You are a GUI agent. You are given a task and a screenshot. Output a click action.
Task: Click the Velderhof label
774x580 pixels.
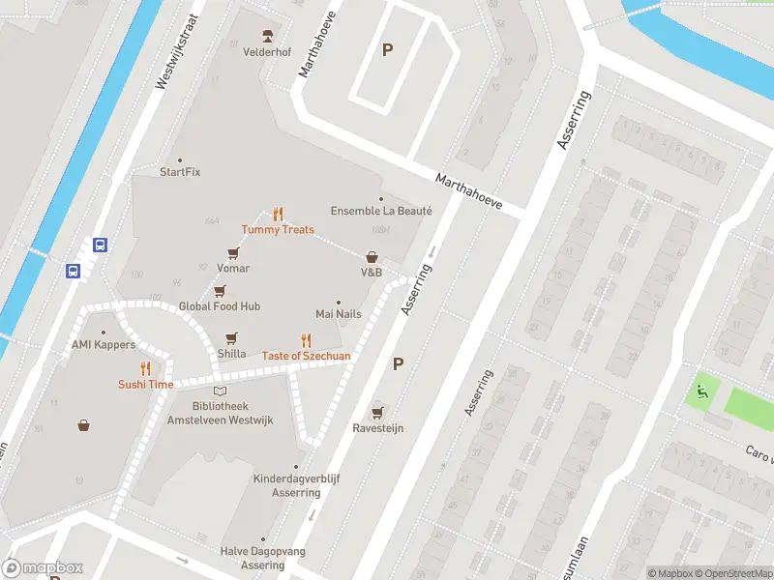pyautogui.click(x=267, y=51)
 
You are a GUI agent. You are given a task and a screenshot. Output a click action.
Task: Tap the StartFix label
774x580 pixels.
pyautogui.click(x=180, y=172)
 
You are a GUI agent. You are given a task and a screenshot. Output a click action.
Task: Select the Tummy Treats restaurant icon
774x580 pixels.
pyautogui.click(x=278, y=214)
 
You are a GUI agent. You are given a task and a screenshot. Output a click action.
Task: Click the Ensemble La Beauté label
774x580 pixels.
pyautogui.click(x=381, y=211)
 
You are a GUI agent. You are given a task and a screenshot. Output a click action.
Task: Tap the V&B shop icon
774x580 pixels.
pyautogui.click(x=372, y=257)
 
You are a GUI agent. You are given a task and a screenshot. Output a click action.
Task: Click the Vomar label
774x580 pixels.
pyautogui.click(x=233, y=268)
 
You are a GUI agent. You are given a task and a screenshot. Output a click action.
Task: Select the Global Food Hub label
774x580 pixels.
pyautogui.click(x=220, y=306)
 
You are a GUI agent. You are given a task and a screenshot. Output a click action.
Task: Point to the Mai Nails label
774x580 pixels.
pyautogui.click(x=338, y=314)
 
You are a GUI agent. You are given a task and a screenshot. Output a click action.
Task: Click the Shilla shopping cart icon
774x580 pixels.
pyautogui.click(x=231, y=338)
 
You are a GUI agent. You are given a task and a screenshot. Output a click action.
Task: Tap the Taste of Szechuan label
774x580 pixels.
pyautogui.click(x=306, y=356)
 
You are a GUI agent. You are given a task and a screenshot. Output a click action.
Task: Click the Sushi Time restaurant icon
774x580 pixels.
pyautogui.click(x=145, y=367)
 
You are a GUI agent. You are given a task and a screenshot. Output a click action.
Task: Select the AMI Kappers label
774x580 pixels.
pyautogui.click(x=104, y=345)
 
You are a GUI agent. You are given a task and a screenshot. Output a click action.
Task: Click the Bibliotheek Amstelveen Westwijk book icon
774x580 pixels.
pyautogui.click(x=221, y=391)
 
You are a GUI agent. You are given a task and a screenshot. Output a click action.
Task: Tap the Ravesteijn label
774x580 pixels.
pyautogui.click(x=377, y=428)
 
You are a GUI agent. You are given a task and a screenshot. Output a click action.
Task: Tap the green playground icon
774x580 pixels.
pyautogui.click(x=701, y=392)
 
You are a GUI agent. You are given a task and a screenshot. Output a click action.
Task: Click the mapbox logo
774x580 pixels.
pyautogui.click(x=43, y=568)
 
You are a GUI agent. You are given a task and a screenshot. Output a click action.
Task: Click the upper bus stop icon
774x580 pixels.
pyautogui.click(x=100, y=245)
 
